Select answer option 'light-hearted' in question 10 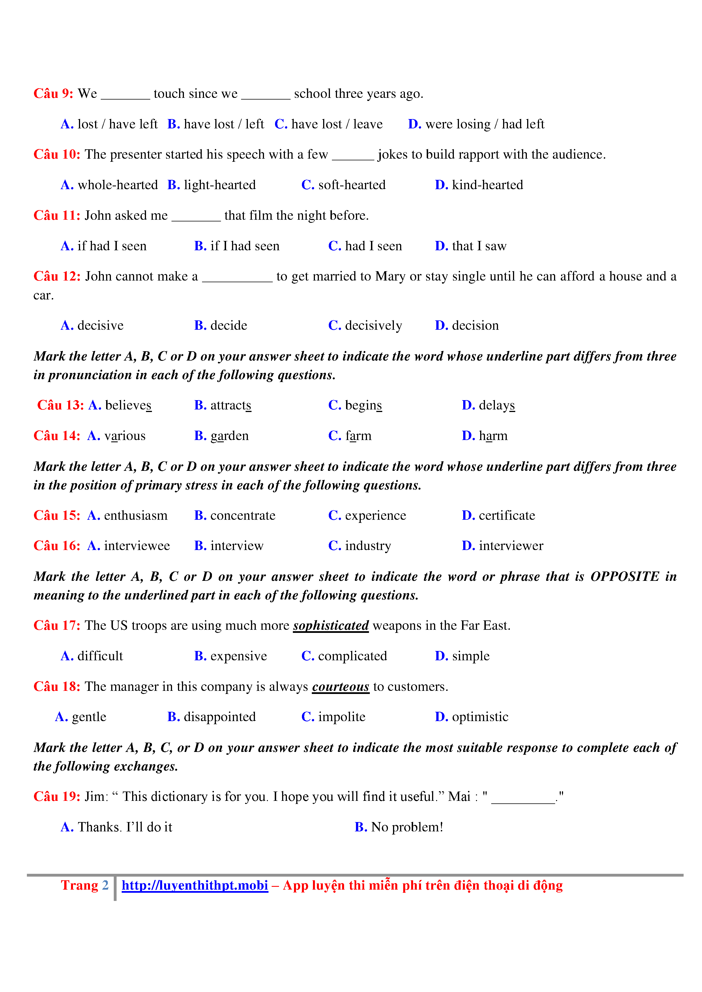click(220, 185)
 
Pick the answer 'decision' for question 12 click(475, 325)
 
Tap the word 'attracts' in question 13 click(230, 405)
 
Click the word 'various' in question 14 click(124, 435)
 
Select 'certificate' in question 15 click(506, 516)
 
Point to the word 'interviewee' click(137, 546)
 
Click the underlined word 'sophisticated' click(331, 626)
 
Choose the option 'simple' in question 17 click(471, 656)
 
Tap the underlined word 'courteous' click(341, 687)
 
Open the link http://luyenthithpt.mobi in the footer click(194, 885)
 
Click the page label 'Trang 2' click(85, 885)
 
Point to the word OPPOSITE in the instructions click(625, 576)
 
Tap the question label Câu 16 click(57, 546)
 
